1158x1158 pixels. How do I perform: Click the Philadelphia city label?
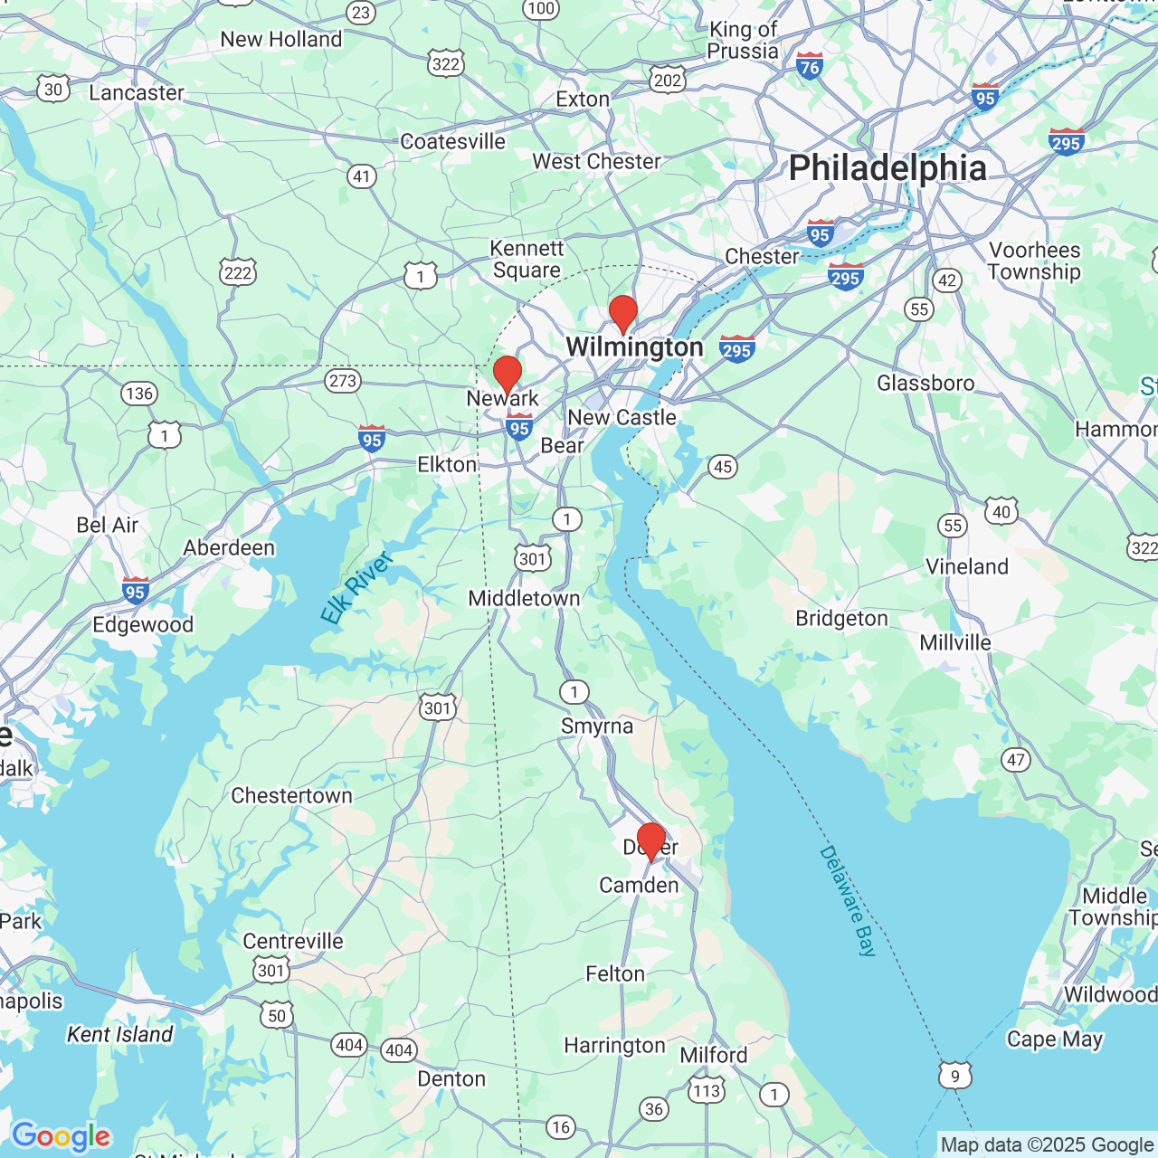click(x=887, y=168)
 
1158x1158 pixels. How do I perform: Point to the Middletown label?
click(x=524, y=598)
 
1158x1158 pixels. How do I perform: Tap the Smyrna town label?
click(x=596, y=726)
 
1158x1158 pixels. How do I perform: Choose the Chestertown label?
click(x=291, y=795)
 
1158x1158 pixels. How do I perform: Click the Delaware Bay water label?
click(x=848, y=900)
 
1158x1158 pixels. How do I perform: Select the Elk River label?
click(x=357, y=588)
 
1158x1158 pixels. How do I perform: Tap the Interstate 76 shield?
click(x=810, y=65)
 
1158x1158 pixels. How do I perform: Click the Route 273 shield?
click(x=343, y=381)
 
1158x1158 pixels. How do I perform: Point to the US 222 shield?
click(x=238, y=272)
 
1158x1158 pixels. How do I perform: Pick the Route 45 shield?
click(x=722, y=467)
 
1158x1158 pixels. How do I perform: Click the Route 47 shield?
click(x=1016, y=760)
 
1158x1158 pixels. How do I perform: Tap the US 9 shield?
click(x=955, y=1075)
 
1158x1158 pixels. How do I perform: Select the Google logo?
click(x=61, y=1135)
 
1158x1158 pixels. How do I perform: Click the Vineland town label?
click(x=966, y=566)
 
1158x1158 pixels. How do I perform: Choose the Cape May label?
click(x=1054, y=1039)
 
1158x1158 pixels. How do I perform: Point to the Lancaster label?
click(x=136, y=92)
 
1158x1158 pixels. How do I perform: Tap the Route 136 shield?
click(x=139, y=393)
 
